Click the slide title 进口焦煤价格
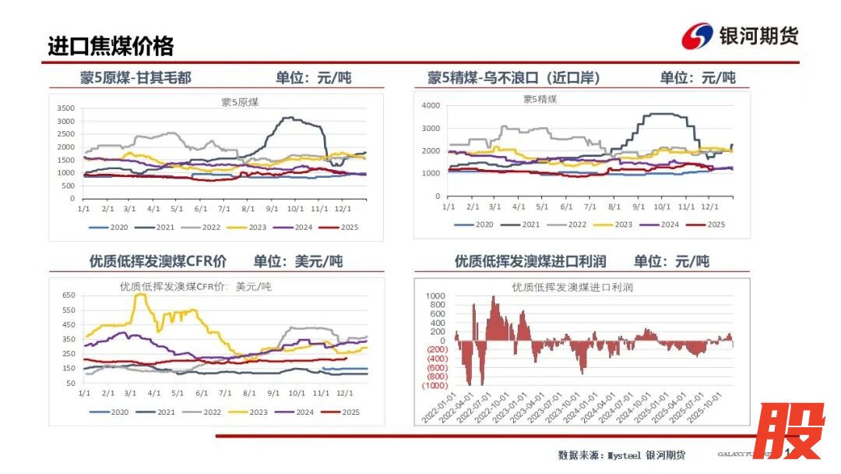(111, 45)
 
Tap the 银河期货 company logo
(740, 35)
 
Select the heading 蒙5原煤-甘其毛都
(135, 77)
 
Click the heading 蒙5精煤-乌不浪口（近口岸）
(513, 77)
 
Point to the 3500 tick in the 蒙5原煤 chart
(65, 108)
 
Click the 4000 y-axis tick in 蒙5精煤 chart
(431, 105)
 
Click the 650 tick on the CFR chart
(68, 295)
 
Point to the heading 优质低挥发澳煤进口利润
(530, 261)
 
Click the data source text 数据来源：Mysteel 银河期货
(621, 455)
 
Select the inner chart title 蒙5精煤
(540, 99)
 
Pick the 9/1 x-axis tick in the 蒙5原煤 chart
(272, 208)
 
